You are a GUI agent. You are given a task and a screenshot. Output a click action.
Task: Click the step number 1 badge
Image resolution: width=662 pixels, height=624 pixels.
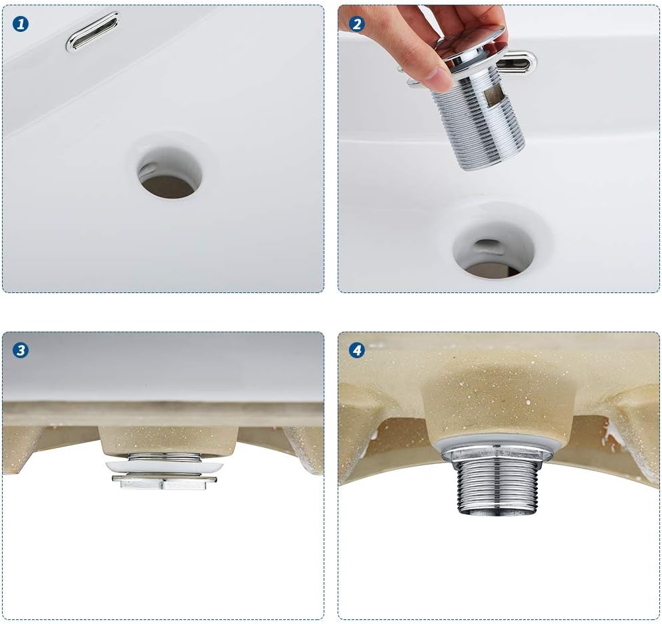pos(21,25)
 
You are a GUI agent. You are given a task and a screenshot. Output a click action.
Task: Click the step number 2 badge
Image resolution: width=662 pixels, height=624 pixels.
pos(357,25)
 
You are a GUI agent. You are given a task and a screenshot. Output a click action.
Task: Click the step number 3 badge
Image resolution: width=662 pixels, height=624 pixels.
pos(21,350)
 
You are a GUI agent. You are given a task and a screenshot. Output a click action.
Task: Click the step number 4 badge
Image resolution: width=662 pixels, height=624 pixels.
pos(357,350)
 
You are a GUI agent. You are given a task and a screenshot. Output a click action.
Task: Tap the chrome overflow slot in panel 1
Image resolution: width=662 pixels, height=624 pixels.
pos(92,32)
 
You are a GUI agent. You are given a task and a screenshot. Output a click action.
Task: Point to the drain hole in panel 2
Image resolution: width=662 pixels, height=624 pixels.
pos(493,253)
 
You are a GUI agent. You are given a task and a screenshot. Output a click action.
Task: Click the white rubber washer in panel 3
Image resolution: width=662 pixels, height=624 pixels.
pos(163,467)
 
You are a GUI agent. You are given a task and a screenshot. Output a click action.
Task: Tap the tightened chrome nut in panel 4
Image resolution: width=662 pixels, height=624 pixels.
pos(498,453)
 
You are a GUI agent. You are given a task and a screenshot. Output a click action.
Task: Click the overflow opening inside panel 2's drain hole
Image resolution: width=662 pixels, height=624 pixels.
pos(487,244)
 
